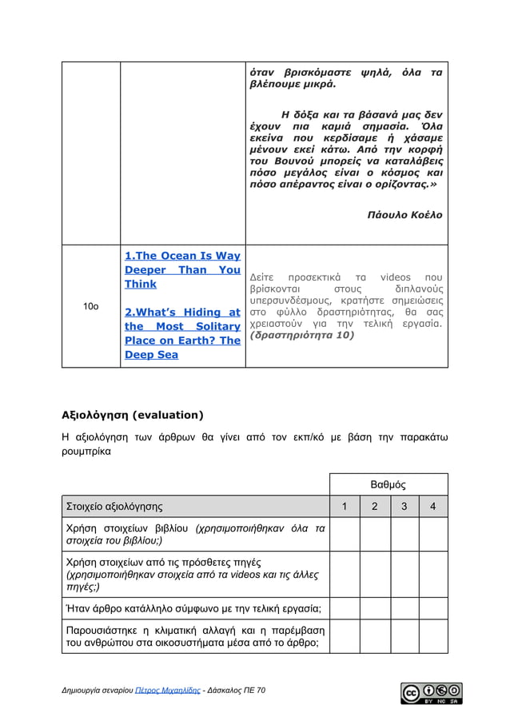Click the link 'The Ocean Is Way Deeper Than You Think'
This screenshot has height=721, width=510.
182,270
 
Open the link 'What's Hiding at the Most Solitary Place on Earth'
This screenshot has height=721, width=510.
182,326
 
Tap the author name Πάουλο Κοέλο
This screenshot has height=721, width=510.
404,216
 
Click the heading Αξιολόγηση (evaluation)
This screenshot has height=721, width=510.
133,415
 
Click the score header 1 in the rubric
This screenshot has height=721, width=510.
345,506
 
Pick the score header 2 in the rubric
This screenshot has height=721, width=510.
374,506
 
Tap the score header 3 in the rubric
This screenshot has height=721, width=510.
404,506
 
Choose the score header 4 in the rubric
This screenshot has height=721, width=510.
433,506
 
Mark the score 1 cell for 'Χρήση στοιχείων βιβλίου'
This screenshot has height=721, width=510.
345,534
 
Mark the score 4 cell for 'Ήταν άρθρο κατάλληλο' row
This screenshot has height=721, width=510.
433,608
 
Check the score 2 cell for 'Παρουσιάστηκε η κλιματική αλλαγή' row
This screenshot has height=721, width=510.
374,636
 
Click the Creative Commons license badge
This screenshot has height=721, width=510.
431,693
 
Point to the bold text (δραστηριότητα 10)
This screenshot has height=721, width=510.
301,336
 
